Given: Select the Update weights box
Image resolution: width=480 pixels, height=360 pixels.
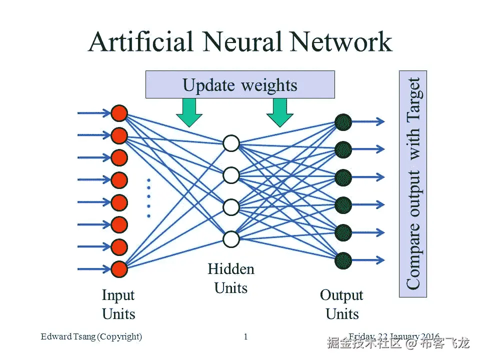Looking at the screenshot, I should tap(239, 84).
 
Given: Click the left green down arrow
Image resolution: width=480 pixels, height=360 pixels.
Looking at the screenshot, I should tap(189, 112).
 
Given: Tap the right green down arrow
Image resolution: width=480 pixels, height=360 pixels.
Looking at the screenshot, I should tap(279, 112).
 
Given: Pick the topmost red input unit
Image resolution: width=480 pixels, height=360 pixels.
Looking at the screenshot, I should tap(119, 113).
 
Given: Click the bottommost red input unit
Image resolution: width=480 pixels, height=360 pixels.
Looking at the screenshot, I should tap(119, 269).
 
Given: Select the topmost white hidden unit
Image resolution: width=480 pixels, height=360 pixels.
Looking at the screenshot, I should tap(231, 143).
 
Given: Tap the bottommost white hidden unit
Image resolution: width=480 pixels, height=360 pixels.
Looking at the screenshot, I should tap(231, 239).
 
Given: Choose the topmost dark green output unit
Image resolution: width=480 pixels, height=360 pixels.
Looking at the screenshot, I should tap(343, 121).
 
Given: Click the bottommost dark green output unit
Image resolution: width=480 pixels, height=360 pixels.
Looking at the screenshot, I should tap(343, 260).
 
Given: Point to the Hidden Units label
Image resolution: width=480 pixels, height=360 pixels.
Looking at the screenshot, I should tap(231, 278).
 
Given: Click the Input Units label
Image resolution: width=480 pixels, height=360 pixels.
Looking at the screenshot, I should tap(118, 304).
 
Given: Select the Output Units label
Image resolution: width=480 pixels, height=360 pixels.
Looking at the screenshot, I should tap(342, 304).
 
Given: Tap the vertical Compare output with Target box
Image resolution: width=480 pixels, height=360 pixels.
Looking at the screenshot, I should tap(413, 183).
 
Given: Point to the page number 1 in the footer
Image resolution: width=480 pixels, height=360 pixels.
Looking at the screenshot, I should tap(245, 336).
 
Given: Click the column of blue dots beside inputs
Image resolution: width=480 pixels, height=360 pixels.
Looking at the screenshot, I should tap(148, 198).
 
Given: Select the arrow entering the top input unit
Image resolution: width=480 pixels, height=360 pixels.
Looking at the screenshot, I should tap(93, 113).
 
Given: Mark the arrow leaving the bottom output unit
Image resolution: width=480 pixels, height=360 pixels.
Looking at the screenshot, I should tap(369, 260).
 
